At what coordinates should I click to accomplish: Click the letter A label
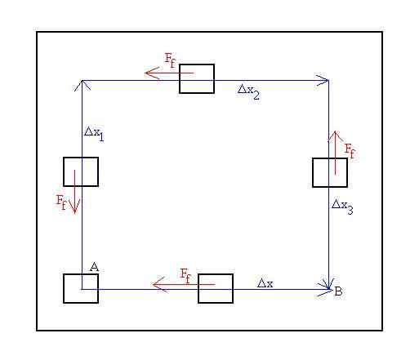tap(94, 267)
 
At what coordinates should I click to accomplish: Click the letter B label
tap(338, 291)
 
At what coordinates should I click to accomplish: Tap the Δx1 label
tap(94, 134)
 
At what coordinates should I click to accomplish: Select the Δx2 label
tap(248, 91)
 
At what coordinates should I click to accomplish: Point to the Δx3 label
tap(342, 207)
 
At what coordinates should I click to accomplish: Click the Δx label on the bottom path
tap(265, 283)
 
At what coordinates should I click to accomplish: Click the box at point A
tap(81, 288)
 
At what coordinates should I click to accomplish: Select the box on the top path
tap(197, 78)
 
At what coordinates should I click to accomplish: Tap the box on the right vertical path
tap(330, 172)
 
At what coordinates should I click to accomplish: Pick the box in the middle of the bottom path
tap(216, 288)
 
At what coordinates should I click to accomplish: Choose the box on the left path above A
tap(81, 171)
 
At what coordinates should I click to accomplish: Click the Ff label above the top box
tap(171, 60)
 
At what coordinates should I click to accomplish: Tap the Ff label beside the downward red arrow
tap(61, 202)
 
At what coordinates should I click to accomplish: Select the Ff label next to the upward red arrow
tap(350, 151)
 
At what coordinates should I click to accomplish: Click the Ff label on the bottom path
tap(185, 276)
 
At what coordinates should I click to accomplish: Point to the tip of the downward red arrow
tap(74, 213)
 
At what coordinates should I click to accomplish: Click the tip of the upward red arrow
tap(336, 131)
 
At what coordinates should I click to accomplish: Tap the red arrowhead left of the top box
tap(145, 73)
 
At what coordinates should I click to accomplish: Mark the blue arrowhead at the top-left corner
tap(82, 81)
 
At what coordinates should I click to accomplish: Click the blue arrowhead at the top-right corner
tap(328, 80)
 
